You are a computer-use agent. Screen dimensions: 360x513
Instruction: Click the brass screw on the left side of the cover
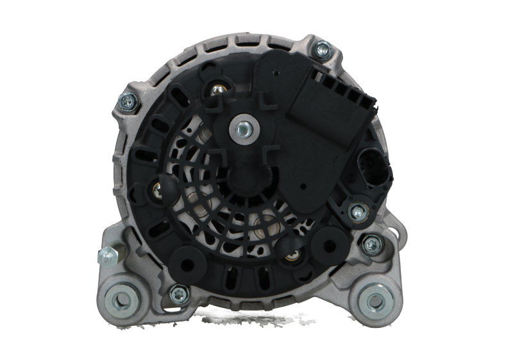click(156, 189)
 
